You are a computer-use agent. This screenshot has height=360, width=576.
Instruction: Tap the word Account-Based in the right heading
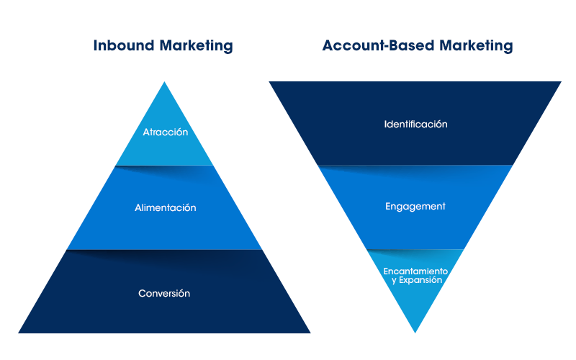click(x=369, y=45)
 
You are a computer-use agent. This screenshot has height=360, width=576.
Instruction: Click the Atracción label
click(x=165, y=132)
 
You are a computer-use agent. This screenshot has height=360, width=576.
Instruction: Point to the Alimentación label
click(x=165, y=207)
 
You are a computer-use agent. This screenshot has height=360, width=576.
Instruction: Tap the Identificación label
click(x=415, y=124)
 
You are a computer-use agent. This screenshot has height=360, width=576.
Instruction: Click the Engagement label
click(x=415, y=207)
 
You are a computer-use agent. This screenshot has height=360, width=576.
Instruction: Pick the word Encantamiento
click(x=415, y=271)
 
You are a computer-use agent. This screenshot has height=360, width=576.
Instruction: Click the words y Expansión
click(x=416, y=280)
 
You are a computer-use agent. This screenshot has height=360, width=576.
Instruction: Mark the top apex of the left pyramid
click(x=165, y=82)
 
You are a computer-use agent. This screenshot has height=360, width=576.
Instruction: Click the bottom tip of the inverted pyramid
click(x=415, y=332)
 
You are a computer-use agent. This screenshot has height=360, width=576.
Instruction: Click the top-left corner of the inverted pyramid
click(x=270, y=82)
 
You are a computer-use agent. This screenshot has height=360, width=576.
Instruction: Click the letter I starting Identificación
click(x=385, y=124)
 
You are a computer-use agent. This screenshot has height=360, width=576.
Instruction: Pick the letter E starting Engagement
click(x=388, y=207)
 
